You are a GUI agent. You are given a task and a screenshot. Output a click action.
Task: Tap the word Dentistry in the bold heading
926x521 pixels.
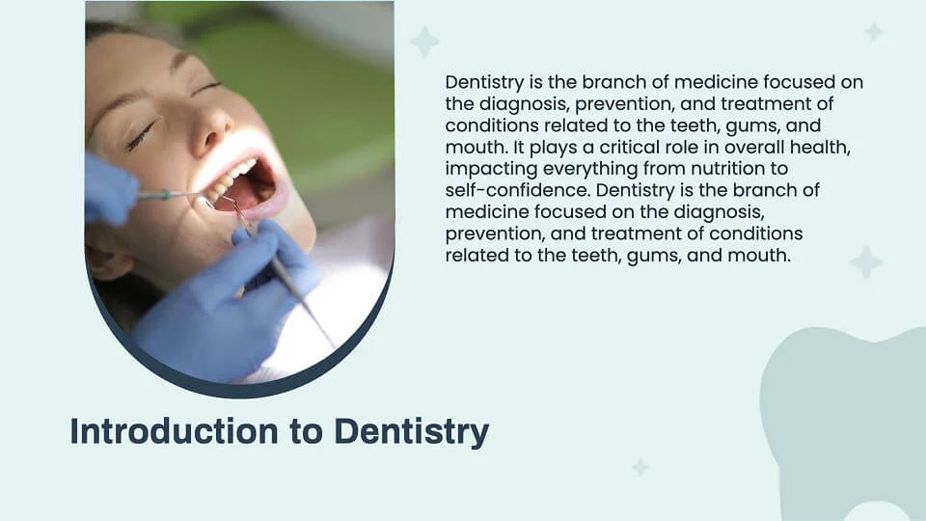[412, 431]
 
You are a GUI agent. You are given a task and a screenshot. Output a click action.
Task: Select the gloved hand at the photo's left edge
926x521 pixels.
[108, 188]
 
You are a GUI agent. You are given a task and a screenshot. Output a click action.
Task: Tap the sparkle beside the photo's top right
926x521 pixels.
[423, 41]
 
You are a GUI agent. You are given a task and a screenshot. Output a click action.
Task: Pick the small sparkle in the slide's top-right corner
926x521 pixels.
[873, 32]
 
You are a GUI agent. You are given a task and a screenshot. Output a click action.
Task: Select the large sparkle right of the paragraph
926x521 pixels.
[865, 261]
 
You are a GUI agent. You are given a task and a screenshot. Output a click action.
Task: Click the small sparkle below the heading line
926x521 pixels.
[640, 467]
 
